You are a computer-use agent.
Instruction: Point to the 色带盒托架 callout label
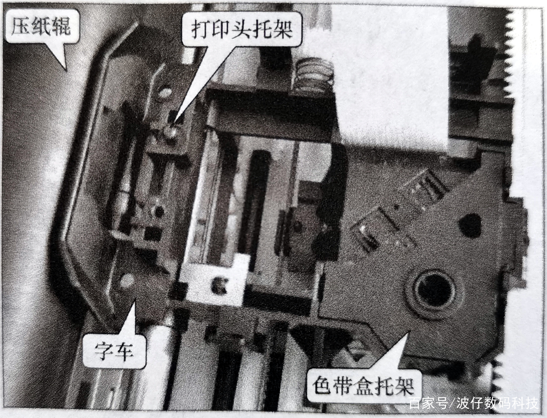coord(362,384)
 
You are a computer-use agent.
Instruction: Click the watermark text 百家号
coord(427,403)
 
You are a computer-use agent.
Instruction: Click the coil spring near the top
coord(314,75)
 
